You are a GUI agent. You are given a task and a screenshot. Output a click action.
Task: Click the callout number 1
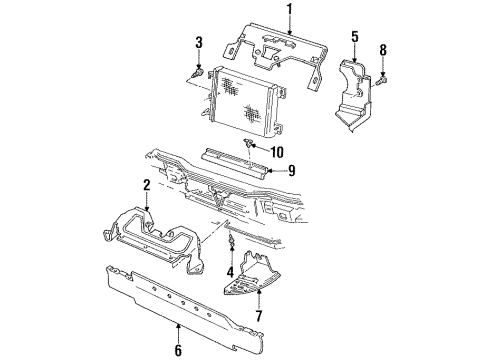coord(290,9)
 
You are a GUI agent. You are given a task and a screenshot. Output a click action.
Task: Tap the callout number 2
coord(147,185)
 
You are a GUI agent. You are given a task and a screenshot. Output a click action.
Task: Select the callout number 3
coord(199,43)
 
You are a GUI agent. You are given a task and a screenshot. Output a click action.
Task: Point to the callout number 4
coord(230,272)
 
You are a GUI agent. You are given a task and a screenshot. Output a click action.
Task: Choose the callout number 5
coord(355,37)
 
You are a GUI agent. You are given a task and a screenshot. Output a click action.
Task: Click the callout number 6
coord(178,350)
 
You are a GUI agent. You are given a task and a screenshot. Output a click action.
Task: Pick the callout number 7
coord(259,316)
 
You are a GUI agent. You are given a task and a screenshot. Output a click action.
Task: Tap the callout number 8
coord(383,50)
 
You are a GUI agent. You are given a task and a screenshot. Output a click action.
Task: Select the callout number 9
coord(292,171)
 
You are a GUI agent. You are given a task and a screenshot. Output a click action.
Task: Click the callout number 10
coord(277,152)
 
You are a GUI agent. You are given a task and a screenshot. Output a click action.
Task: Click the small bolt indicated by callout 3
coord(198,72)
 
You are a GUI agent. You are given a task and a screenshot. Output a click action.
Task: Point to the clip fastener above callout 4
coord(230,241)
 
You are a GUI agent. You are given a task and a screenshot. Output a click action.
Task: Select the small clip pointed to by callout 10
coord(248,143)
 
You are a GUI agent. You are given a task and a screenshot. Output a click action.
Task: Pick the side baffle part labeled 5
coord(353,95)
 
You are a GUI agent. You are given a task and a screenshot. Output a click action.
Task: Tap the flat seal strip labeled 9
coord(235,161)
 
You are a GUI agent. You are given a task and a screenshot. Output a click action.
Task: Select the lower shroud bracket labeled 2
coord(153,240)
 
